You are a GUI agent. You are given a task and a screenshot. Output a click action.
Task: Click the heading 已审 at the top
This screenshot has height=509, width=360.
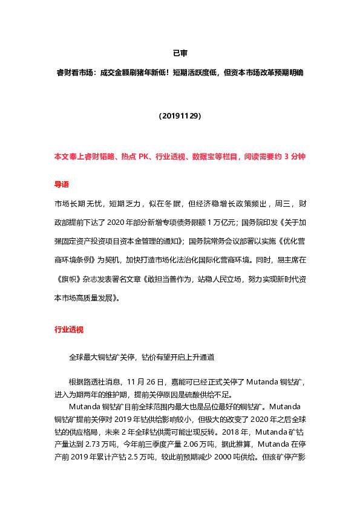click(x=180, y=53)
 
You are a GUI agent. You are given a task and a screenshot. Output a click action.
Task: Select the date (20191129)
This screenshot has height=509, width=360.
click(x=180, y=115)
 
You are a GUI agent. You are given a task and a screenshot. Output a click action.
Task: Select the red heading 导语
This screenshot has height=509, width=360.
click(x=62, y=184)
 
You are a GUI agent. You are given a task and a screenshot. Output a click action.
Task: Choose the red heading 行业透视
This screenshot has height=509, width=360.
click(x=69, y=329)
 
